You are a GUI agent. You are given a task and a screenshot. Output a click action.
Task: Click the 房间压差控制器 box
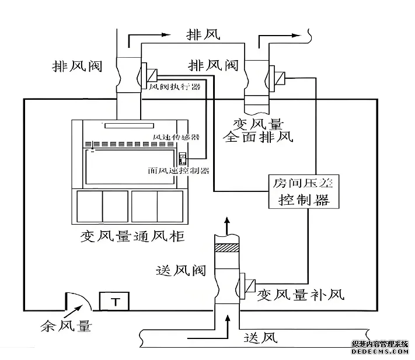(298, 191)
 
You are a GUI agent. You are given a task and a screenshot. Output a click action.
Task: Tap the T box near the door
(115, 301)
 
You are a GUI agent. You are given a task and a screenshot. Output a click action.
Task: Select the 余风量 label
(65, 326)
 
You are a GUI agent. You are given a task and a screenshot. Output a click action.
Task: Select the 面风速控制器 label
(178, 171)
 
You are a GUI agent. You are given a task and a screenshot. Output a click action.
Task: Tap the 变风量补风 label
(301, 293)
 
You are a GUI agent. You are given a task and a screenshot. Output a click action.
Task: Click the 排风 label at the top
(203, 35)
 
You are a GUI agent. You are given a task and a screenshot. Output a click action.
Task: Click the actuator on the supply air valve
(248, 286)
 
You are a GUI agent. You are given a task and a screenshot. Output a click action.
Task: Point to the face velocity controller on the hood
(181, 158)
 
